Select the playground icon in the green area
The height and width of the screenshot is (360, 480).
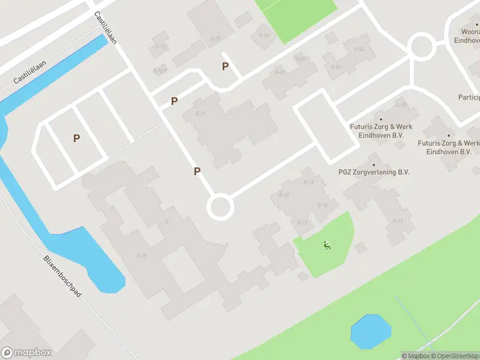coord(326,245)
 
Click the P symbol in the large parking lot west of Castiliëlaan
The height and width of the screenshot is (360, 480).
coord(76,139)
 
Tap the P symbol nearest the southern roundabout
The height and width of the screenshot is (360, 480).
coord(197,172)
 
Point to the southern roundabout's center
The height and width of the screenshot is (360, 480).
coord(220,208)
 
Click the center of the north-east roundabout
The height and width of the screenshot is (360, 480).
coord(421,46)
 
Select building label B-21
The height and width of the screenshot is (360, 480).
coord(201,113)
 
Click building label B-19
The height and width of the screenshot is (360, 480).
coord(142,256)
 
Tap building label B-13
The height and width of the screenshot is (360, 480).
coord(398,221)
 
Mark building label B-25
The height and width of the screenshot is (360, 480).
coord(215,39)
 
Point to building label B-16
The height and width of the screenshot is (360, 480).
coord(284,195)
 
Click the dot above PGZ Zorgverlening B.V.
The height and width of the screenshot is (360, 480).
coord(374,164)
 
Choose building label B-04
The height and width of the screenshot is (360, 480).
coord(359,49)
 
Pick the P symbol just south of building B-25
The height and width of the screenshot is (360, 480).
coord(226,67)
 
